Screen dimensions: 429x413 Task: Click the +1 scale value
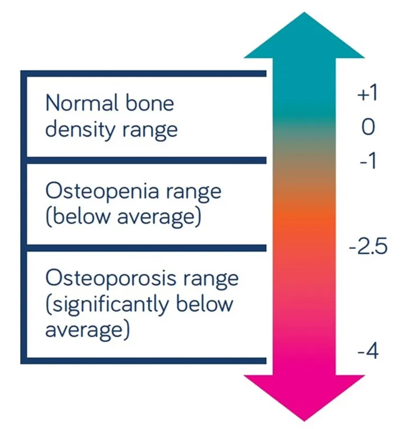pyautogui.click(x=368, y=94)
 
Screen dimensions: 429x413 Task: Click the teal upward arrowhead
pyautogui.click(x=304, y=36)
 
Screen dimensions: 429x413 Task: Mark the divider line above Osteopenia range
pyautogui.click(x=145, y=160)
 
